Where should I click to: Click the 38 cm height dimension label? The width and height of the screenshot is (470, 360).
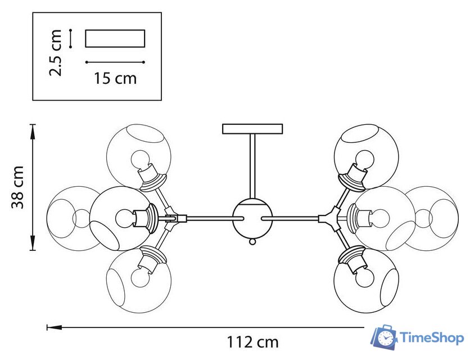click(x=17, y=187)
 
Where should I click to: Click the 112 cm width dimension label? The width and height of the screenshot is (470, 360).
click(x=252, y=341)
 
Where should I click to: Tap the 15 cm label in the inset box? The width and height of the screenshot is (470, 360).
click(x=115, y=78)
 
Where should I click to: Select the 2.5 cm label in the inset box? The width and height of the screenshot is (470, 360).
click(x=56, y=53)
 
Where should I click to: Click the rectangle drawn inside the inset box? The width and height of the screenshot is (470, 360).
click(x=115, y=38)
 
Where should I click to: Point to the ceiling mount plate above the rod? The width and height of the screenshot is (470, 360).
click(x=252, y=129)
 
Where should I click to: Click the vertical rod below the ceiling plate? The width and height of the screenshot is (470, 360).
click(x=252, y=166)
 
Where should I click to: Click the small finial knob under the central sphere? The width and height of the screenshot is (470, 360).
click(x=252, y=241)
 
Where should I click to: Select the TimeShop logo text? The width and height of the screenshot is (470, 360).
click(x=431, y=338)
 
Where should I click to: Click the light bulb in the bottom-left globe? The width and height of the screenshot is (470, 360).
click(x=141, y=277)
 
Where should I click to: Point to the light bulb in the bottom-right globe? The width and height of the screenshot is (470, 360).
click(x=365, y=277)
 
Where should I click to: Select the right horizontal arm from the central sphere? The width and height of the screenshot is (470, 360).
click(x=290, y=218)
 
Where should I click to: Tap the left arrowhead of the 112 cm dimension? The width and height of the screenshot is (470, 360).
click(x=55, y=327)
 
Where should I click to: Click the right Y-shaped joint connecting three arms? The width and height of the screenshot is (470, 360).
click(x=329, y=218)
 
